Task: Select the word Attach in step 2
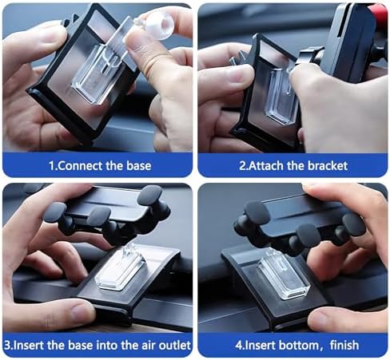(x=266, y=166)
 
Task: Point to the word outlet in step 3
(x=175, y=346)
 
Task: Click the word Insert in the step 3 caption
(x=29, y=346)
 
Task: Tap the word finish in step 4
(x=344, y=346)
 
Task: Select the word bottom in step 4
(x=299, y=346)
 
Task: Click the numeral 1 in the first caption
(x=51, y=166)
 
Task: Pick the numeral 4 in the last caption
(x=238, y=346)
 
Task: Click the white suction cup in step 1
(x=157, y=26)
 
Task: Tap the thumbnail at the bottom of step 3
(x=82, y=311)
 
